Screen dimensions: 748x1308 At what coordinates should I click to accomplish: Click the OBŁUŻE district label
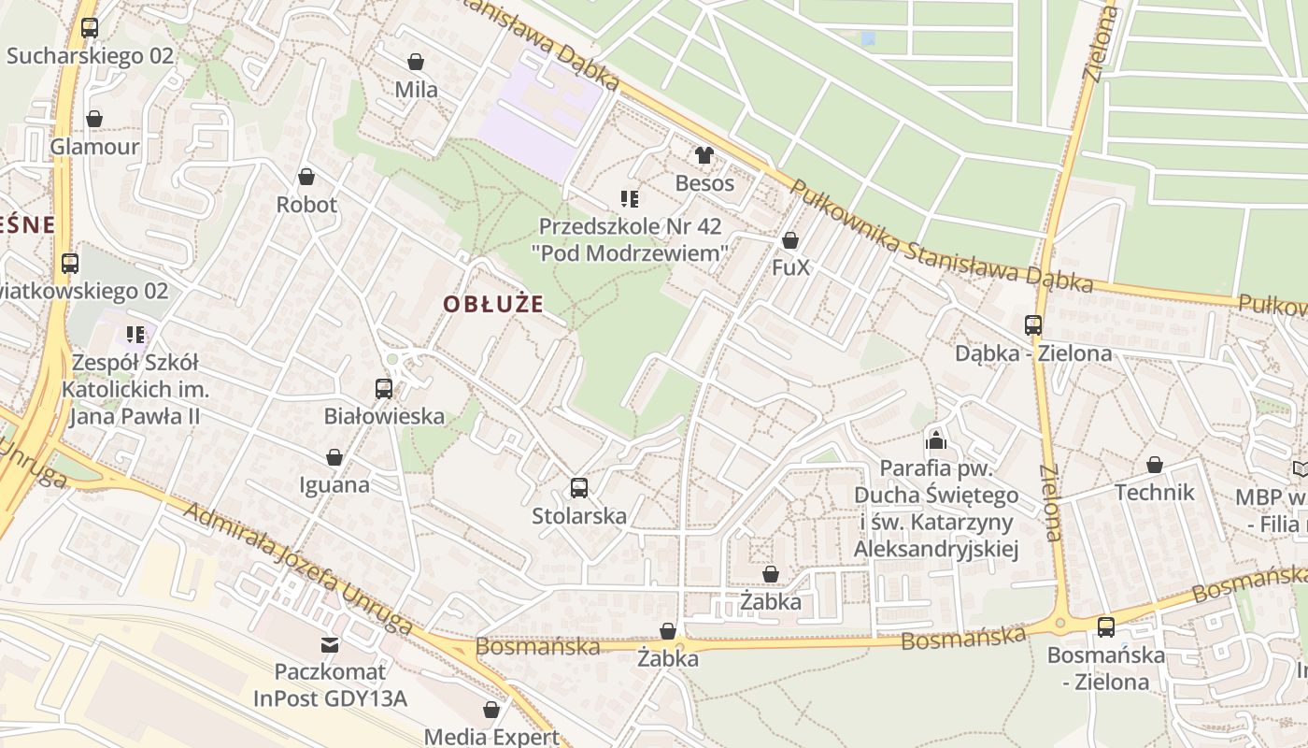492,305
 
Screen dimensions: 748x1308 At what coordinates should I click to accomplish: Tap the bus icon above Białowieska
383,388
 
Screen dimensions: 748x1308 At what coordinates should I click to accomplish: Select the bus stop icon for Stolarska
578,487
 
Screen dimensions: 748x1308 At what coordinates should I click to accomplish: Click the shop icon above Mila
416,63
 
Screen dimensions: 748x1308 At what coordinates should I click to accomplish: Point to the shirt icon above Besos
704,155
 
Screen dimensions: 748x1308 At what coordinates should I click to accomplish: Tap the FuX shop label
790,268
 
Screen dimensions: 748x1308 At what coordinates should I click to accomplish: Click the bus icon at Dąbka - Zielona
1032,325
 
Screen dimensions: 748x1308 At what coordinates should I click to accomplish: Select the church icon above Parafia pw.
936,440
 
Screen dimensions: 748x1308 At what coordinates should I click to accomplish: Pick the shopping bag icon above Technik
1155,465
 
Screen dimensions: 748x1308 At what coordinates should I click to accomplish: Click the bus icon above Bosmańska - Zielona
1105,627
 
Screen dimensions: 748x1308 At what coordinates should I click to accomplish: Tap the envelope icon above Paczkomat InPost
329,644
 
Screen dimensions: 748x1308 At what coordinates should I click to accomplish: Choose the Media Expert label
491,737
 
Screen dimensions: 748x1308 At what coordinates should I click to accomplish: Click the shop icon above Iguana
334,457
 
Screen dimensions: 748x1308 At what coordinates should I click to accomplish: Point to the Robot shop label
306,205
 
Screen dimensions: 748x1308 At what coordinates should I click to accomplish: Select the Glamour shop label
94,147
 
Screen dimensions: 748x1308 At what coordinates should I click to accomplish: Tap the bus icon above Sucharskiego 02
90,28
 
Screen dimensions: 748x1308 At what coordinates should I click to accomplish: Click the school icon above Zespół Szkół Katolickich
135,334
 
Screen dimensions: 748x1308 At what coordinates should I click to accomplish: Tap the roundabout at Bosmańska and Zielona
1060,622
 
